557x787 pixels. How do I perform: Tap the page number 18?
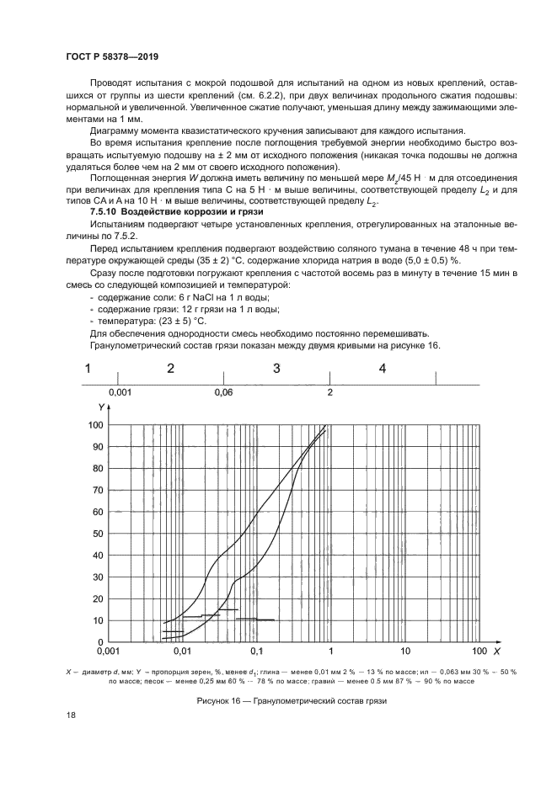[72, 715]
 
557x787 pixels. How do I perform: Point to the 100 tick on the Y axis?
[95, 425]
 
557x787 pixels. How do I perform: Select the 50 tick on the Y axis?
[98, 534]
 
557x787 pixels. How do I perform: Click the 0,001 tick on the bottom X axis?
[107, 651]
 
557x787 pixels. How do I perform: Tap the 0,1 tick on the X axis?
[257, 651]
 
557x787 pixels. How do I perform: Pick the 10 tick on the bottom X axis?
[405, 651]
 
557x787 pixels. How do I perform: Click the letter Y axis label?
[100, 407]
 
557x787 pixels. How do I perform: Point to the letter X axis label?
[497, 651]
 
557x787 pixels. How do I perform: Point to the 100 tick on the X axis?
[479, 651]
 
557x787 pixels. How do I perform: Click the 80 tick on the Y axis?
[98, 469]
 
